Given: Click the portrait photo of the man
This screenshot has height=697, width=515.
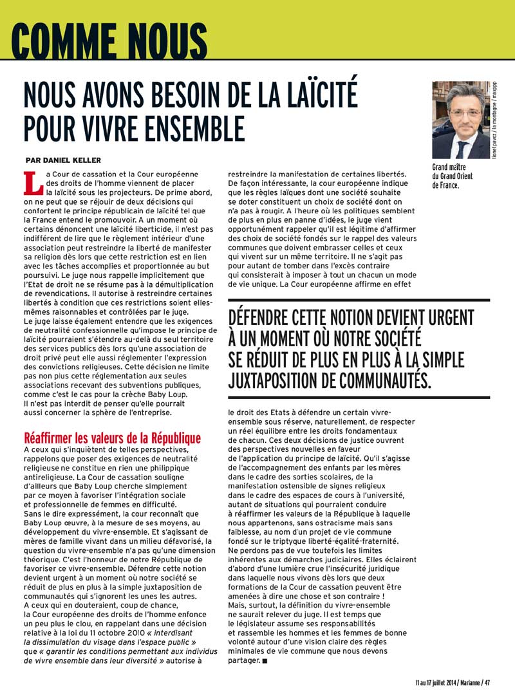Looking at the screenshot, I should pyautogui.click(x=460, y=120).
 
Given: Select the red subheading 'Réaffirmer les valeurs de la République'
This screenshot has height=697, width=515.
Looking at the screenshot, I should pyautogui.click(x=112, y=438).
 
